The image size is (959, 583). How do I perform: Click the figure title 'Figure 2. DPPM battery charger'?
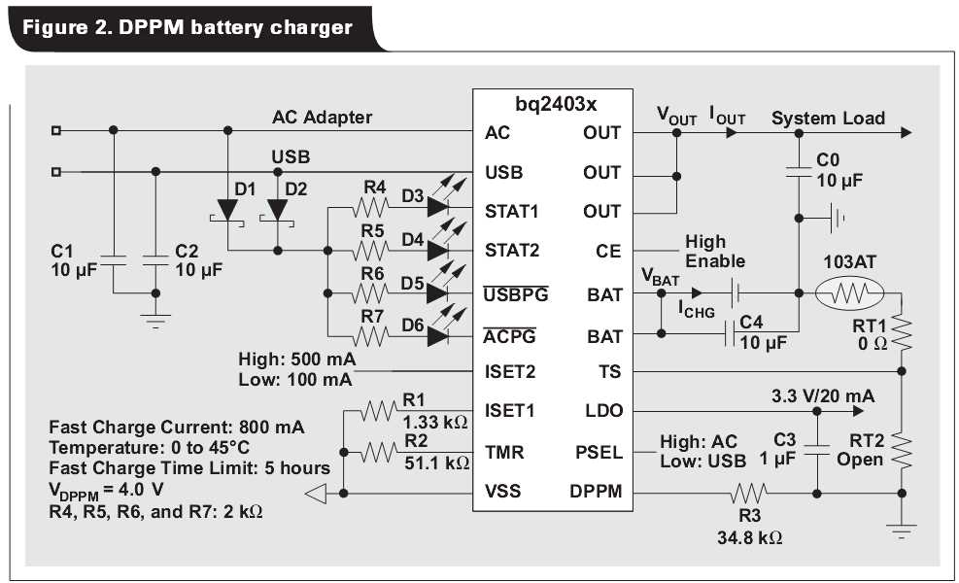[188, 26]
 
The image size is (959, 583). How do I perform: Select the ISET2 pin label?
[510, 371]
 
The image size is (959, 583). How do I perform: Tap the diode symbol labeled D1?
[227, 210]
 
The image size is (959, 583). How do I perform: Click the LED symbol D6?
[437, 336]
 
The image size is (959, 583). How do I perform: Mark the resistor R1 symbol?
[378, 411]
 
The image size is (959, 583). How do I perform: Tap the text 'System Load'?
[828, 118]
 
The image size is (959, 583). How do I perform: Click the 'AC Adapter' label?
[322, 117]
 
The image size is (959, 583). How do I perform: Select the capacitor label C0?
[828, 160]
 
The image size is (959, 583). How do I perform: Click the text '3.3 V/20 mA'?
[822, 395]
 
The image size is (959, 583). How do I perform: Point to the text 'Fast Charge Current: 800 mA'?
[176, 427]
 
